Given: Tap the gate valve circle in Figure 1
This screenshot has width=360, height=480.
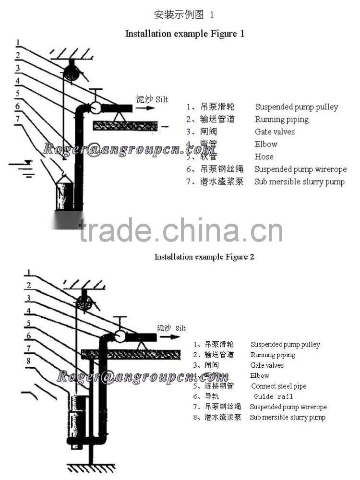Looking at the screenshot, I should (95, 108).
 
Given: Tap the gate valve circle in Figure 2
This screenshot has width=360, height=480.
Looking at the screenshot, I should (120, 336).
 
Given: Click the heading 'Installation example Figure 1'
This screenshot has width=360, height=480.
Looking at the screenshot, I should (185, 34).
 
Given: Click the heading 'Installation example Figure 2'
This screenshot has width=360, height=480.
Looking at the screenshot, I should (204, 257).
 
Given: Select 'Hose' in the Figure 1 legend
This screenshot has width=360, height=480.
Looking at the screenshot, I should (264, 156).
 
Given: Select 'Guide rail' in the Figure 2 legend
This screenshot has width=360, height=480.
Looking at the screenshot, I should (273, 396).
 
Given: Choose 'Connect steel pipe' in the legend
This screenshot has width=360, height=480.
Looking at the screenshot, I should (278, 386).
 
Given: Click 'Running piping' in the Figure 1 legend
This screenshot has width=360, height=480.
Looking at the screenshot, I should (281, 120).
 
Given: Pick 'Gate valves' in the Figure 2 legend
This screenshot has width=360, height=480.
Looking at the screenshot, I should (267, 365).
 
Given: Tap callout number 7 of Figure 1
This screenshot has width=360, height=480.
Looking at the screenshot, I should (17, 118).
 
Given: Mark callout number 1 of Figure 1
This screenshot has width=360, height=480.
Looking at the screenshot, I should (17, 42).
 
